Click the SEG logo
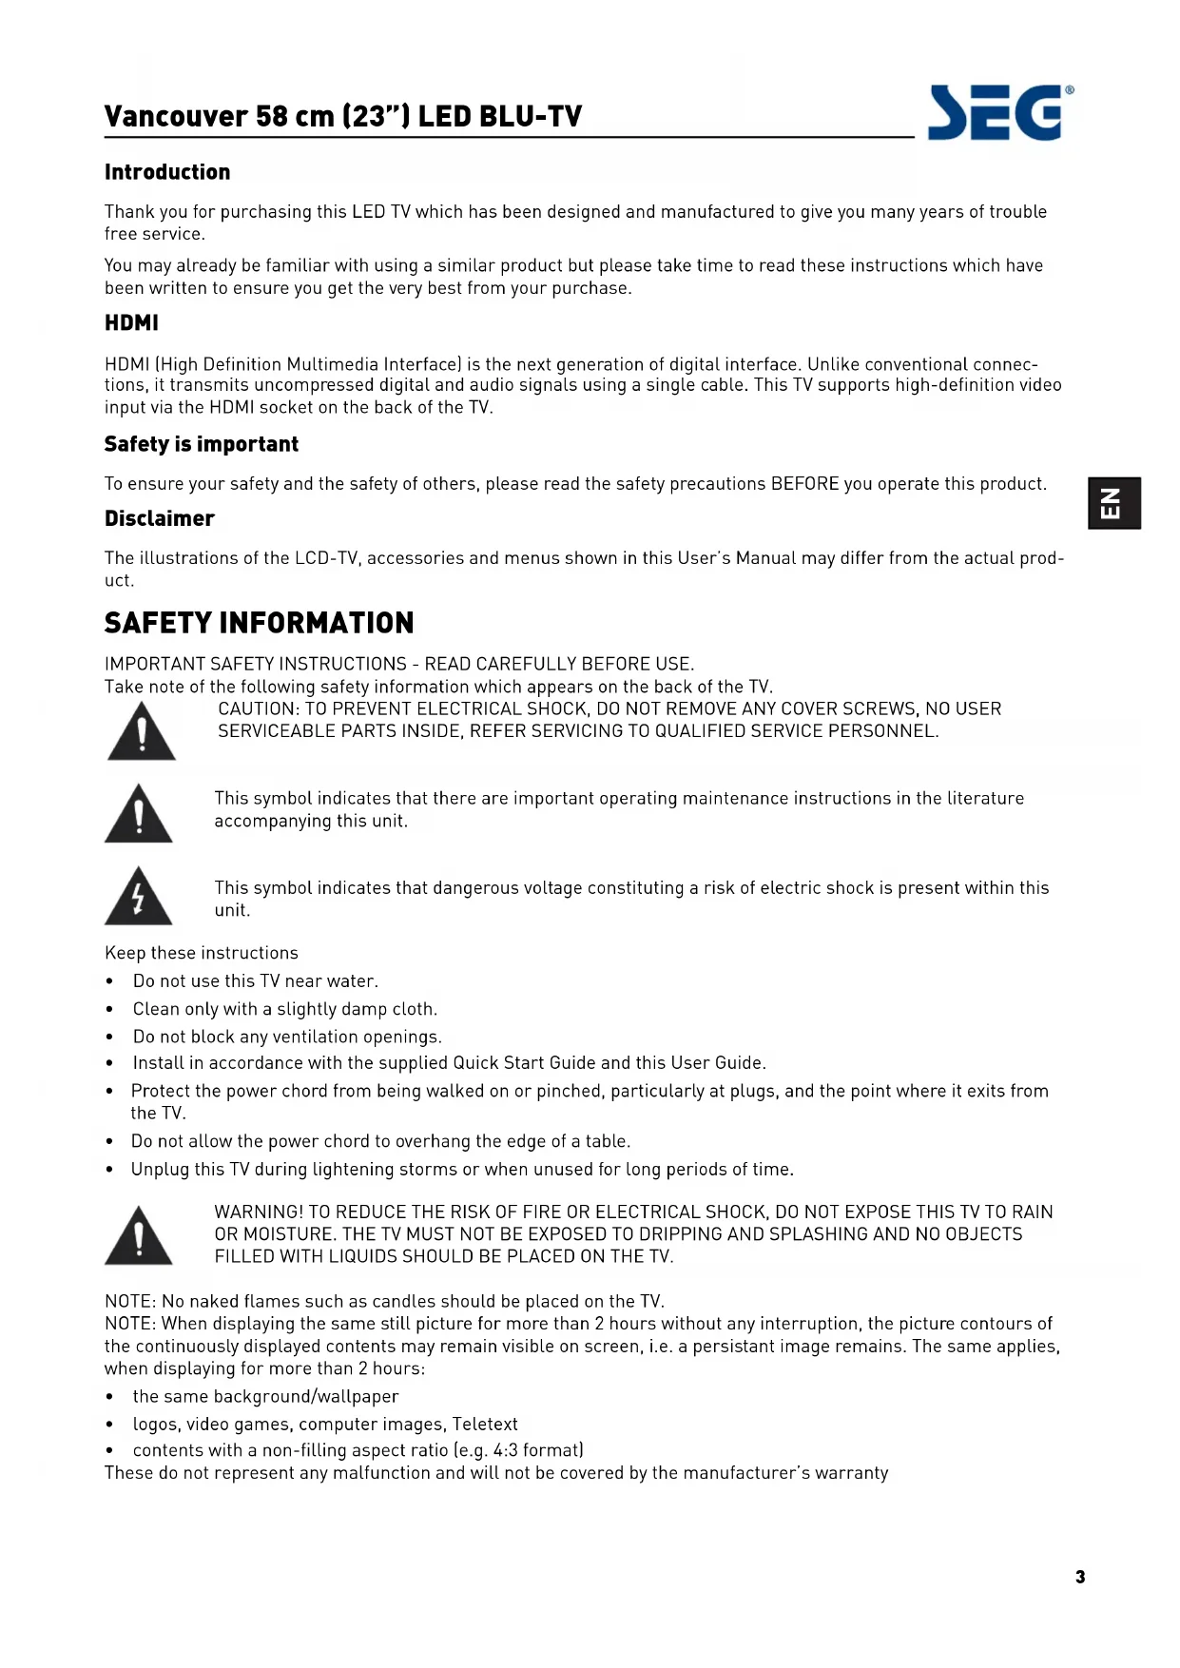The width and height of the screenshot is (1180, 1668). [1000, 113]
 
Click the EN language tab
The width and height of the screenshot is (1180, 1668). [1113, 503]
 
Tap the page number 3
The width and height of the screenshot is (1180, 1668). [1080, 1577]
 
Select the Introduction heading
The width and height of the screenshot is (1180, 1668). [167, 172]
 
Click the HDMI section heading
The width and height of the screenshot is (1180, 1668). [131, 323]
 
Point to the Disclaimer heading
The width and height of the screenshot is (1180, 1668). [160, 518]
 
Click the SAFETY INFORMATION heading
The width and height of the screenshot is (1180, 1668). [259, 623]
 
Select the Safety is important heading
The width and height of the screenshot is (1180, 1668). [202, 444]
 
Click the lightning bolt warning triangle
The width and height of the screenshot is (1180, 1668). [139, 897]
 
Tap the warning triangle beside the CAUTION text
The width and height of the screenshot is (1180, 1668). [142, 732]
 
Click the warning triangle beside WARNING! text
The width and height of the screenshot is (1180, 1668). [139, 1236]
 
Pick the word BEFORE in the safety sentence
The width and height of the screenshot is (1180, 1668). [804, 483]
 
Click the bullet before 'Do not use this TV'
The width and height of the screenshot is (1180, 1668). [110, 981]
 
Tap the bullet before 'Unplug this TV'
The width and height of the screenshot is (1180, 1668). [110, 1170]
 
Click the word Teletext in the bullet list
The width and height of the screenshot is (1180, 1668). [485, 1424]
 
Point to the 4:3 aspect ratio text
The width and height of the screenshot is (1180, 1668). [505, 1450]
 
